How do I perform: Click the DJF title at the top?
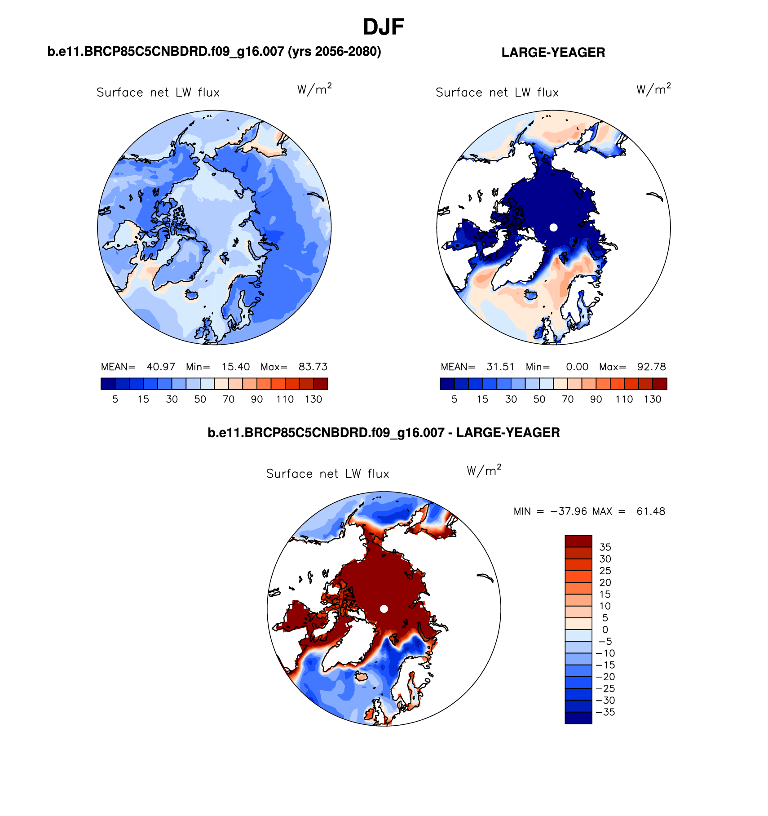click(383, 27)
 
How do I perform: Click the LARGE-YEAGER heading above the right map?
click(553, 53)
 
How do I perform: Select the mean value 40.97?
click(161, 367)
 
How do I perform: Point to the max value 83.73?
click(313, 367)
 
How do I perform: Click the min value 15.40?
click(236, 367)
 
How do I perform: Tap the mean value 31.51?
click(500, 367)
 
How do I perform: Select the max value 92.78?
click(652, 367)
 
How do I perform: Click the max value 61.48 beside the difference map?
click(651, 511)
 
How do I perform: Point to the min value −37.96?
click(569, 511)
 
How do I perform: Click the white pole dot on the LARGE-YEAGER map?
click(553, 227)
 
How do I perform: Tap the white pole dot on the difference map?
click(384, 608)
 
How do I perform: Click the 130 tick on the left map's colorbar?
click(313, 399)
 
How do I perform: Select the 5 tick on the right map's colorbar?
click(454, 399)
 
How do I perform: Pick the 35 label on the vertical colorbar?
click(605, 547)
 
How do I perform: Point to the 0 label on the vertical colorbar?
click(605, 630)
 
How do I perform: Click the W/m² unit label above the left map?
click(314, 89)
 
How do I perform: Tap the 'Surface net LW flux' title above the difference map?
click(327, 474)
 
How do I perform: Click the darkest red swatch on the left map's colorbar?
click(321, 384)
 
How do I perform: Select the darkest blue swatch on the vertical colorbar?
click(578, 718)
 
